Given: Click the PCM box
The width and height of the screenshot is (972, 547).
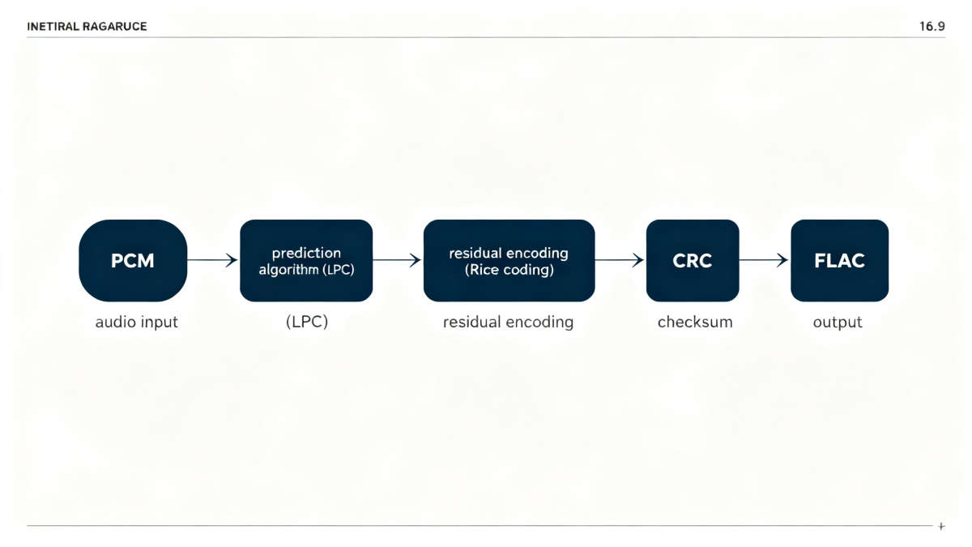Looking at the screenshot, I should click(133, 261).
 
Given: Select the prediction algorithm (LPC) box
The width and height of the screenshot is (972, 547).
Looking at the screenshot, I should click(306, 261).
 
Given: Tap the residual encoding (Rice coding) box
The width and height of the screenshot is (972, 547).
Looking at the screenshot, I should click(509, 261).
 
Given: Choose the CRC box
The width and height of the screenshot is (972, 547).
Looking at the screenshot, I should click(692, 261).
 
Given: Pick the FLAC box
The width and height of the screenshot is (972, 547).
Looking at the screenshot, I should click(839, 261).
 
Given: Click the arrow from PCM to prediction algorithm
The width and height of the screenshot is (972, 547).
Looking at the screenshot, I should click(213, 260).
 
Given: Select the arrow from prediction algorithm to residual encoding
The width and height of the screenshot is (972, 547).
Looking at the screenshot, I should click(397, 260).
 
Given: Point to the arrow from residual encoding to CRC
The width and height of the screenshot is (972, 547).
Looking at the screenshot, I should click(620, 260).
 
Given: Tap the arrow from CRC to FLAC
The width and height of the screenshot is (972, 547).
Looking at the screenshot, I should click(764, 260).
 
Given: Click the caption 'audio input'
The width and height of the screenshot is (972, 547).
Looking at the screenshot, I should click(136, 323).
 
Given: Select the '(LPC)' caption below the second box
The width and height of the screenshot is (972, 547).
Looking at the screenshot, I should click(306, 323).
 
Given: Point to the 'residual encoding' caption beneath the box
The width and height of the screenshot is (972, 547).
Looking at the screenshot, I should click(508, 323).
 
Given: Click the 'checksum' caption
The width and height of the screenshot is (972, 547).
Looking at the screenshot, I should click(694, 323).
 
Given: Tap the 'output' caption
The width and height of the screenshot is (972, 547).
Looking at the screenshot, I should click(838, 323).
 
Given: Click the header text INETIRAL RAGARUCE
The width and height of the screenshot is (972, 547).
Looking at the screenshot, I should click(87, 27).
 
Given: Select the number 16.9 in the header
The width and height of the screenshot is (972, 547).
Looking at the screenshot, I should click(932, 27).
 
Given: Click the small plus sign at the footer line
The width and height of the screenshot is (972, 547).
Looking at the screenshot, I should click(941, 527).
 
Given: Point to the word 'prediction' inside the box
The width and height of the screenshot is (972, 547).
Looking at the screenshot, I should click(306, 253).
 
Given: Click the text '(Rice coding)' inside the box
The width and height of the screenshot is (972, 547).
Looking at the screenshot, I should click(509, 270).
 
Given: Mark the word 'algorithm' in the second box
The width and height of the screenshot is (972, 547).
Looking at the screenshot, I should click(288, 270).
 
